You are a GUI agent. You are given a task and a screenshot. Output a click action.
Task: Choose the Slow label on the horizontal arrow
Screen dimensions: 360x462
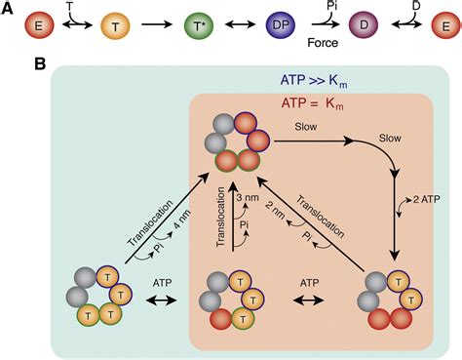(309, 128)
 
